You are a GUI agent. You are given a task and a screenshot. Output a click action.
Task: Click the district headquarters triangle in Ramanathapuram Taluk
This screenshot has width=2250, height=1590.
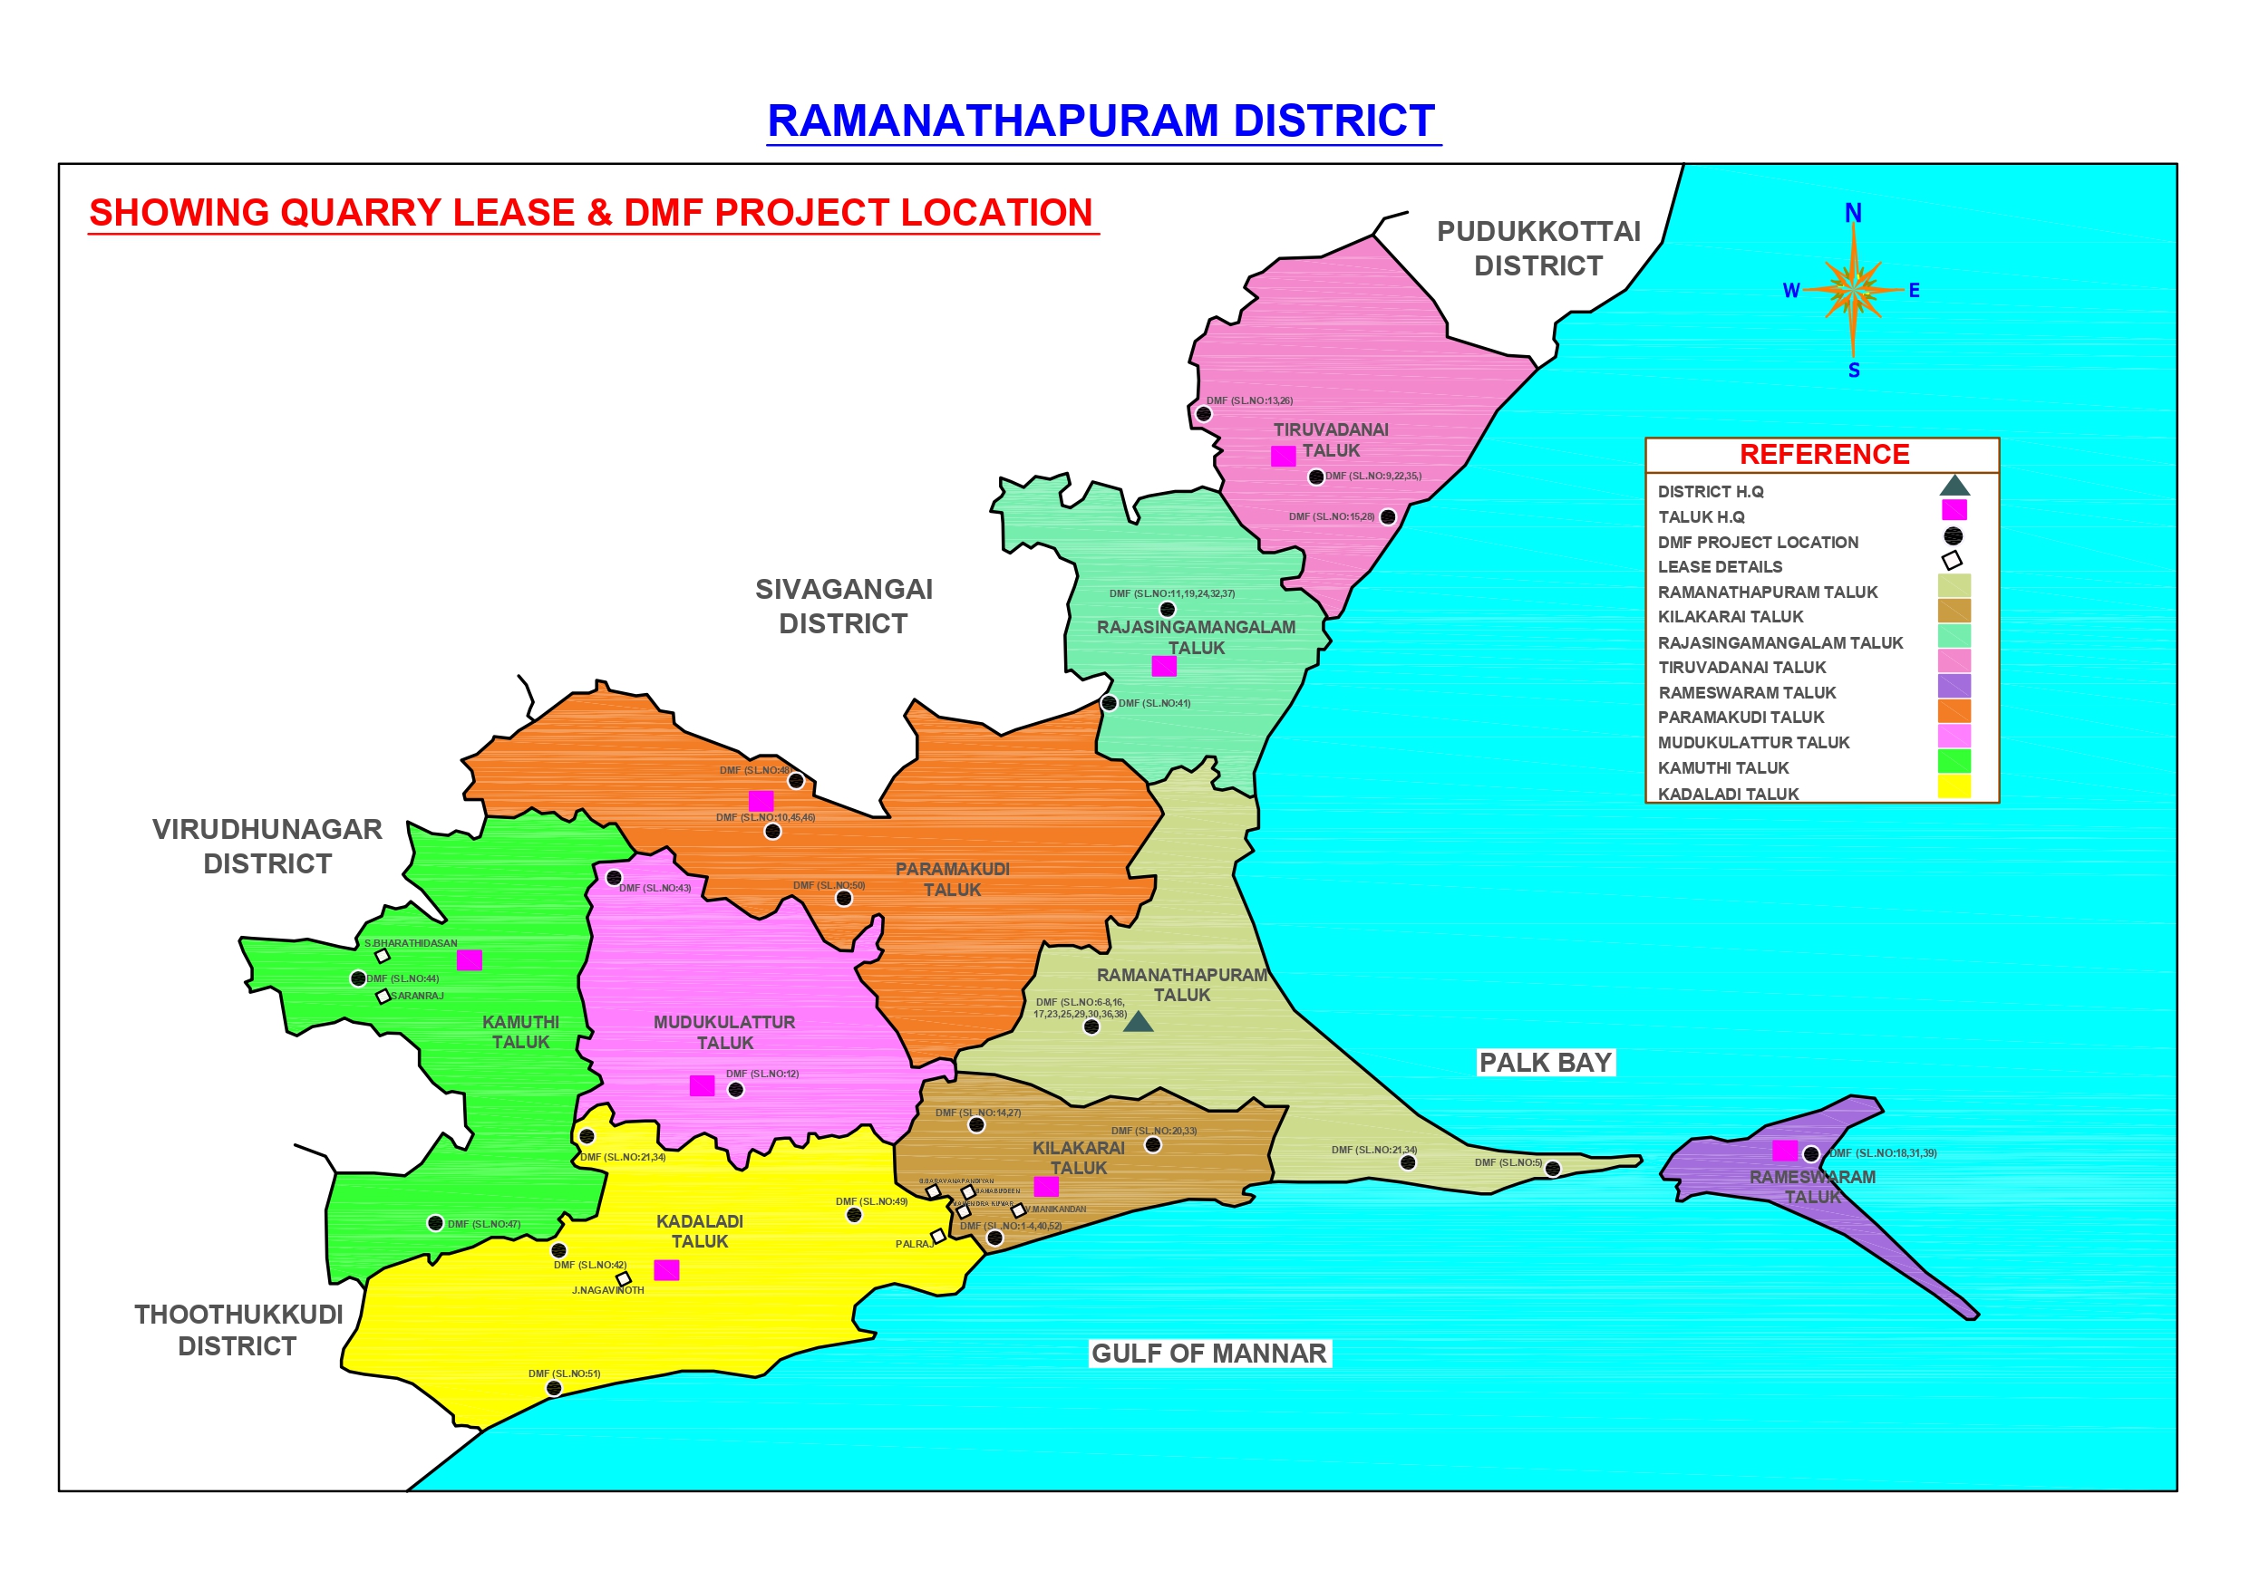1138,1023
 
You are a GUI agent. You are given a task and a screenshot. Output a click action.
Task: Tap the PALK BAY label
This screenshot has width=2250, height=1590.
1546,1063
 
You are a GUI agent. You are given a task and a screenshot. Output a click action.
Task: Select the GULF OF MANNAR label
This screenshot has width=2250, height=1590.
1208,1354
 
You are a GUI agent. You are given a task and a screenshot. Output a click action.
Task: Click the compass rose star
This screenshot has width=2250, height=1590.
1853,290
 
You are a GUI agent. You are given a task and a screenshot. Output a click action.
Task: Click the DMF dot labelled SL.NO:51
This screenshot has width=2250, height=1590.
554,1388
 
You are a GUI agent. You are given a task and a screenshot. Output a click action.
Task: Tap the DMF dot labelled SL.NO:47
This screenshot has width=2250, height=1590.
435,1223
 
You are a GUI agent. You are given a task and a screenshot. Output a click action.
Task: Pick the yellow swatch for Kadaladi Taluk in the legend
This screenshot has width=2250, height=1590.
1954,786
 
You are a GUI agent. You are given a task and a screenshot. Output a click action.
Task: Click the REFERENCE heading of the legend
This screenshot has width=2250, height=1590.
1824,455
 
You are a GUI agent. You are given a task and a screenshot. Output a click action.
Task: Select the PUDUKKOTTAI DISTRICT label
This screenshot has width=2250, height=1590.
1538,249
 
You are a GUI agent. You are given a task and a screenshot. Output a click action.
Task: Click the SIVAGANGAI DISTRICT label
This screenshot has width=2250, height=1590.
844,606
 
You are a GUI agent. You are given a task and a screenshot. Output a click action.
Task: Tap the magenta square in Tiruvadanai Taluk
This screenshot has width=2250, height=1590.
1283,457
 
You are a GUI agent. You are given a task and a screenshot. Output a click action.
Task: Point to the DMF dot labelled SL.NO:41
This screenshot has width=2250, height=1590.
1109,703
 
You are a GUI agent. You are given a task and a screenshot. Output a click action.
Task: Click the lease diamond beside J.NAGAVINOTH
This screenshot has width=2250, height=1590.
624,1278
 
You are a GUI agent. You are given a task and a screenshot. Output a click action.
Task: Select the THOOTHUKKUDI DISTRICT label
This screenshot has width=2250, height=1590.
238,1330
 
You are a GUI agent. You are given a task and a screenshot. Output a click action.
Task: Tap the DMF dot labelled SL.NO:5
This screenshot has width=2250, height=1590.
1552,1169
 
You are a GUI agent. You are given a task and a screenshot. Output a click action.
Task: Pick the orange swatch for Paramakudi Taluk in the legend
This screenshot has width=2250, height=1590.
1954,711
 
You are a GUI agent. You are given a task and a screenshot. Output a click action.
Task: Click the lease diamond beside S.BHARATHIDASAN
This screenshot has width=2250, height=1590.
383,956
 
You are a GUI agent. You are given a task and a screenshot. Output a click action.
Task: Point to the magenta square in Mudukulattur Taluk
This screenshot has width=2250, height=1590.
702,1085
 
